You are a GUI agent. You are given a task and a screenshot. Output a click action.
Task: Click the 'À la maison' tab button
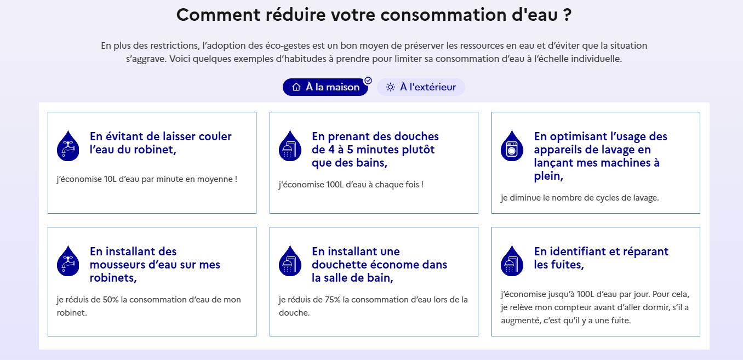pyautogui.click(x=325, y=87)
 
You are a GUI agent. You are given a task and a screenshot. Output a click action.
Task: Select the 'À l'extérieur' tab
pyautogui.click(x=421, y=87)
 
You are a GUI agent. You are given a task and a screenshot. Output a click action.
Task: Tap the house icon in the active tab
pyautogui.click(x=296, y=87)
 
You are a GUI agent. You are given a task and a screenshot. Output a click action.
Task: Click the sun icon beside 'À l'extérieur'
pyautogui.click(x=391, y=87)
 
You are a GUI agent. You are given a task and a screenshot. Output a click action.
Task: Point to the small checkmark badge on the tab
pyautogui.click(x=368, y=81)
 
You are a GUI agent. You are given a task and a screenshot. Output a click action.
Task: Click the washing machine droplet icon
pyautogui.click(x=512, y=146)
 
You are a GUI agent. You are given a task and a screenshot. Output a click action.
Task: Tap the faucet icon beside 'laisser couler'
pyautogui.click(x=68, y=146)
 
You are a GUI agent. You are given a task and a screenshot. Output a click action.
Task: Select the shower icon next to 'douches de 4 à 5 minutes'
pyautogui.click(x=290, y=146)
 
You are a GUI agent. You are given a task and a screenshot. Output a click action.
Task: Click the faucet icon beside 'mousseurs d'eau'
pyautogui.click(x=68, y=261)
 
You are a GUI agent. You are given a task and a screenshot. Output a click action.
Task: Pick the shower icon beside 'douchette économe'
pyautogui.click(x=290, y=261)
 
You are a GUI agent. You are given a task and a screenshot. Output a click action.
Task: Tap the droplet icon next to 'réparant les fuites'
pyautogui.click(x=512, y=261)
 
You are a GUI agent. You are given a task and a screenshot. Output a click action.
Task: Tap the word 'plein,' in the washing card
pyautogui.click(x=548, y=176)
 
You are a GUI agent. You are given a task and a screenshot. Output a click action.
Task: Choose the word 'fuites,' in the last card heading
pyautogui.click(x=567, y=265)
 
